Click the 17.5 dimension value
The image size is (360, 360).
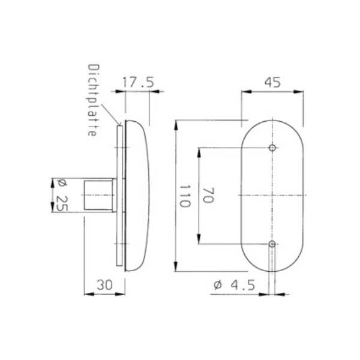(138, 82)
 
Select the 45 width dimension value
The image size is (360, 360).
(272, 82)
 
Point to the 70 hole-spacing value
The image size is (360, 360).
(208, 195)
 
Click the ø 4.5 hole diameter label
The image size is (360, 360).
(235, 285)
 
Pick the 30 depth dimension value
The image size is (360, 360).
(104, 285)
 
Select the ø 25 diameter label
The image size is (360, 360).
(62, 195)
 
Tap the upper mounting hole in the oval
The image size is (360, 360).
(272, 148)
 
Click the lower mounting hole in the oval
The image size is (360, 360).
(272, 244)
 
